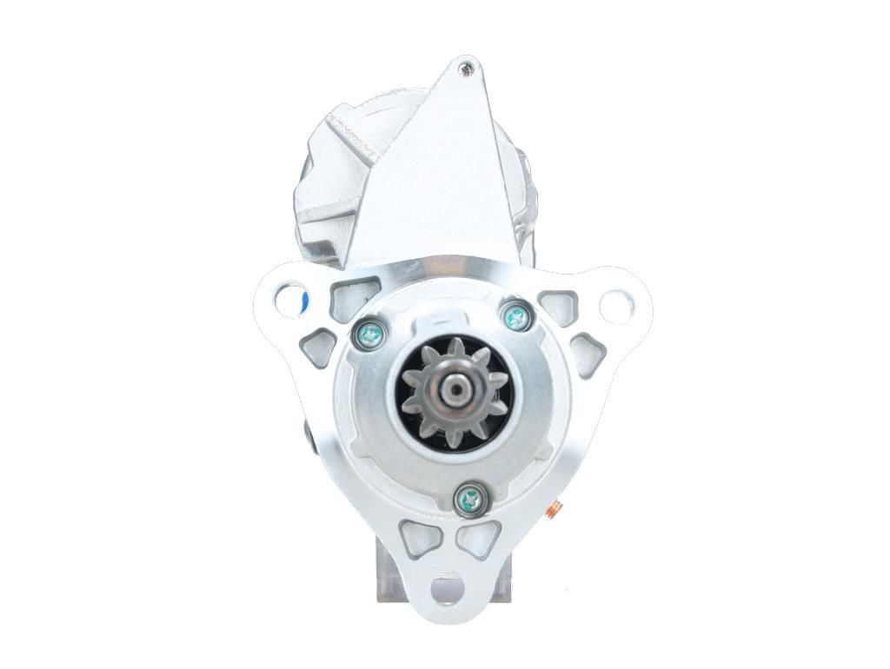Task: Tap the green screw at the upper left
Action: pyautogui.click(x=369, y=332)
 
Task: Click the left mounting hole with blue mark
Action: pyautogui.click(x=289, y=301)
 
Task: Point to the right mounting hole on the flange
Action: pyautogui.click(x=616, y=305)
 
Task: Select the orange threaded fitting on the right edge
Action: pyautogui.click(x=554, y=511)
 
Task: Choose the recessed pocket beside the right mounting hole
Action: pyautogui.click(x=556, y=305)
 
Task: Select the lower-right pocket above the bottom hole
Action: pyautogui.click(x=479, y=540)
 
